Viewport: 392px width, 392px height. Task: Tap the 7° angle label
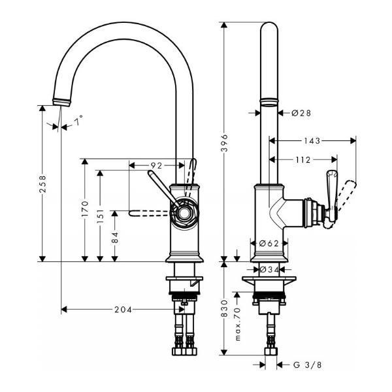[78, 122]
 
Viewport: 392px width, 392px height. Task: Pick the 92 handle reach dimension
[155, 166]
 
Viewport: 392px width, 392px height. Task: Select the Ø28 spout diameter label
[301, 113]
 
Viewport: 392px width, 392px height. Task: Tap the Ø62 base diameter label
[269, 244]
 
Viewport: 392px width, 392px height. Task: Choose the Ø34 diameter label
[270, 269]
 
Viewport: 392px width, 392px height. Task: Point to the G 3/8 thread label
[307, 365]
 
